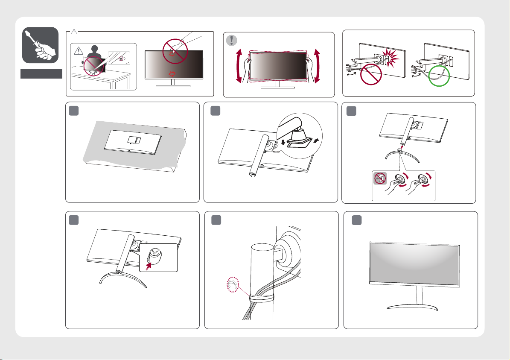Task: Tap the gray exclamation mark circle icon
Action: point(231,40)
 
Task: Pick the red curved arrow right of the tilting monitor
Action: point(318,66)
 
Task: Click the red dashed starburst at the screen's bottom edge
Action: point(173,74)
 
